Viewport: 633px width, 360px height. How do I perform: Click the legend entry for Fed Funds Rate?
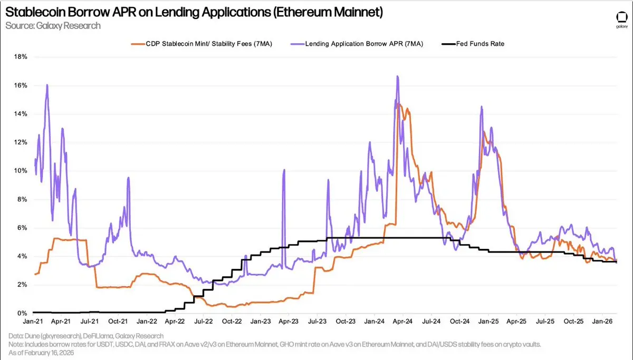coord(480,44)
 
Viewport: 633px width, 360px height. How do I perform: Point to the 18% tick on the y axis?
coord(20,57)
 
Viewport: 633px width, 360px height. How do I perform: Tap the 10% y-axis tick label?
coord(20,171)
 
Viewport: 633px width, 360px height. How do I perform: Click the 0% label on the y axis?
coord(22,314)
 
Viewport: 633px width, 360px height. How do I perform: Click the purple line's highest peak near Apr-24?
coord(397,76)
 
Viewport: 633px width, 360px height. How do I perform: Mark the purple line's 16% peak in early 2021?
coord(47,85)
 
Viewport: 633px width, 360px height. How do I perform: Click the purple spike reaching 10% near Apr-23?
coord(284,170)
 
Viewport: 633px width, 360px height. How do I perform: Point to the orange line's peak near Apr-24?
coord(399,105)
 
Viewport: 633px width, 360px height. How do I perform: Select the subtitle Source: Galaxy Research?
coord(53,25)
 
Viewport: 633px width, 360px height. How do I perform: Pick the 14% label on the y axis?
coord(20,114)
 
